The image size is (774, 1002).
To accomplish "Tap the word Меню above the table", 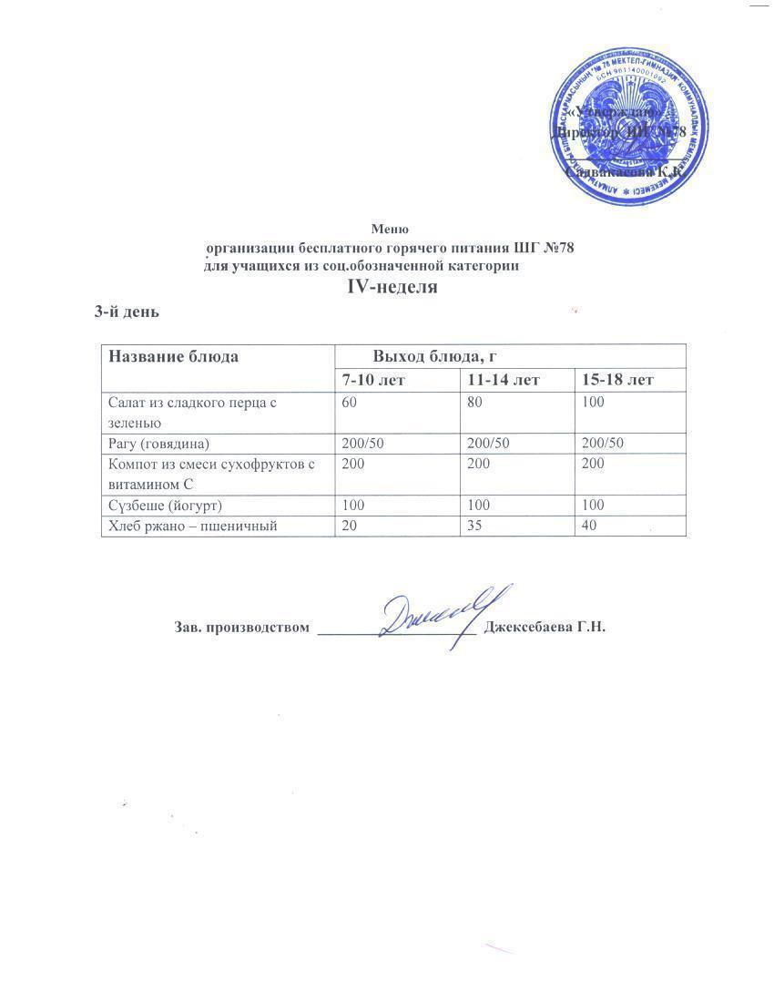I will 390,229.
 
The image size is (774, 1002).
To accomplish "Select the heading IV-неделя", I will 392,287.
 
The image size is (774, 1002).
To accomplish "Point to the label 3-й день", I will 127,312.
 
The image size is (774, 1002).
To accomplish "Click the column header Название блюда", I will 174,356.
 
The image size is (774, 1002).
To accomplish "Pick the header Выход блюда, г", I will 433,356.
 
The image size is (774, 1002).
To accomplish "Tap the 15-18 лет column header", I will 616,379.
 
